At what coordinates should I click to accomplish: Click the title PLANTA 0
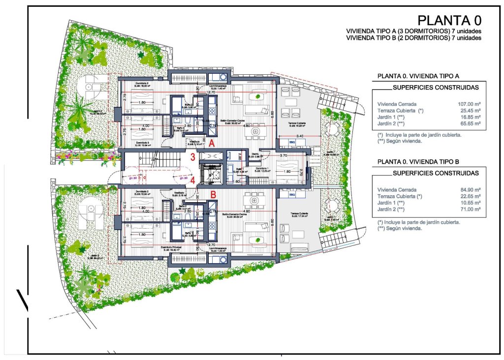448,20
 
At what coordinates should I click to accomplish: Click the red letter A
211,143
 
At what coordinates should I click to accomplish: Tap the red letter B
213,194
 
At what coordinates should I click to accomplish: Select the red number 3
193,157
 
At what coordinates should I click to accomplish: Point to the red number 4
193,180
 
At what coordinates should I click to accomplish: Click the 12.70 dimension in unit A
211,92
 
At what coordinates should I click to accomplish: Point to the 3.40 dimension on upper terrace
299,136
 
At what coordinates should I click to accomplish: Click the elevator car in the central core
215,175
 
